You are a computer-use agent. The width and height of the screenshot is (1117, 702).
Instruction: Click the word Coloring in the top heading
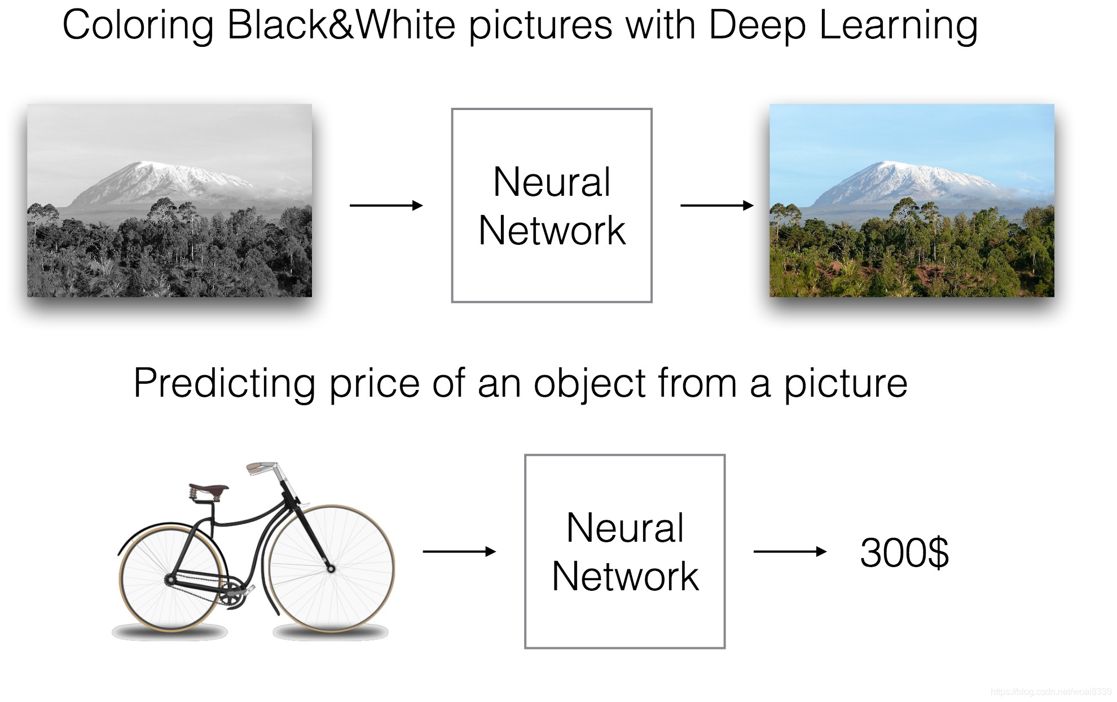coord(138,26)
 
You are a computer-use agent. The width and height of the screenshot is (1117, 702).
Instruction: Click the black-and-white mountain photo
coord(169,200)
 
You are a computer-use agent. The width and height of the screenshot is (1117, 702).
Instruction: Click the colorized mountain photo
coord(912,200)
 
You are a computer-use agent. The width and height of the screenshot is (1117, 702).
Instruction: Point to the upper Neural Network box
coord(552,205)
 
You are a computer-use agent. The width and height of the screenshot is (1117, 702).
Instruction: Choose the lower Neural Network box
coord(625,551)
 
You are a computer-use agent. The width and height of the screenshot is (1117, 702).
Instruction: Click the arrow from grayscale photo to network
coord(386,205)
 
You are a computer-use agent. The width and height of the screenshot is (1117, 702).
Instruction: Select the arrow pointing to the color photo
coord(716,205)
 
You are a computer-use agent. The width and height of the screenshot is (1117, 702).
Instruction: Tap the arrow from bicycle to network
coord(459,551)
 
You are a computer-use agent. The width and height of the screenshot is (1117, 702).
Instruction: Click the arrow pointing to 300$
coord(790,551)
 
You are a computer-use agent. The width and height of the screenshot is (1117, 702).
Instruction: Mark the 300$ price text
coord(904,552)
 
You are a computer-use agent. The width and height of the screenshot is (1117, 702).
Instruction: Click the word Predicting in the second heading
coord(224,384)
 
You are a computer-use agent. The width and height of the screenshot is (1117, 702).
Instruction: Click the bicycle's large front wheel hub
coord(331,569)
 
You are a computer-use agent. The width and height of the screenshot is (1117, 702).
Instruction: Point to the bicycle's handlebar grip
coord(261,467)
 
